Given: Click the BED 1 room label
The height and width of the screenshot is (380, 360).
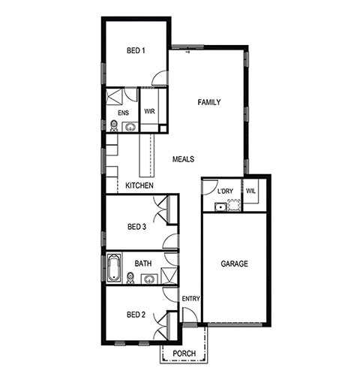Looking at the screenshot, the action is (x=136, y=50).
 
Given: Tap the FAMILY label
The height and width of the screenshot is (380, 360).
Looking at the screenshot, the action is (x=209, y=102).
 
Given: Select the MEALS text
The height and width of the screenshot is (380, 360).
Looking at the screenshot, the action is (x=183, y=159).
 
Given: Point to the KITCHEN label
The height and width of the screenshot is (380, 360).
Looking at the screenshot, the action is (x=139, y=185).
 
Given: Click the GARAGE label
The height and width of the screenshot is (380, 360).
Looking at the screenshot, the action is (x=235, y=264).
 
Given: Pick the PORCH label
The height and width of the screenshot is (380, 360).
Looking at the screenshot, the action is (x=184, y=354).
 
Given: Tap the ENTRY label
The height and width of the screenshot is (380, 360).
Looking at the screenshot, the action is (x=190, y=299).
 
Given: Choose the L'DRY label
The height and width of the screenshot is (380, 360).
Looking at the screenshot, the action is (x=225, y=192).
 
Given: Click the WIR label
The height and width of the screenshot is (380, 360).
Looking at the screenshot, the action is (x=149, y=111).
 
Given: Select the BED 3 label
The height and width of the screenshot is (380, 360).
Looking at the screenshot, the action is (x=136, y=227).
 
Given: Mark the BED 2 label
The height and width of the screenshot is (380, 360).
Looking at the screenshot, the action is (x=136, y=315).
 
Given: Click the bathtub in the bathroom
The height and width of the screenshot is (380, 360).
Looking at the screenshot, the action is (x=114, y=268).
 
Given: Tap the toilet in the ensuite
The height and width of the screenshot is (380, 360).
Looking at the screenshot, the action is (x=114, y=126).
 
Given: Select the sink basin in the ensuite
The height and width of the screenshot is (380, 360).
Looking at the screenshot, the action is (x=130, y=128).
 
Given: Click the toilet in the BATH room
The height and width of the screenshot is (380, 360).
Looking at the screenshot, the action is (x=130, y=278).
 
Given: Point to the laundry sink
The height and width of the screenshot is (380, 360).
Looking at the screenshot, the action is (x=220, y=207).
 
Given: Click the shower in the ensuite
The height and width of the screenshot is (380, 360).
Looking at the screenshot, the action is (x=114, y=96).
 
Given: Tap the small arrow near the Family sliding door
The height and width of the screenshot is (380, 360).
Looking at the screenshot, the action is (x=187, y=53).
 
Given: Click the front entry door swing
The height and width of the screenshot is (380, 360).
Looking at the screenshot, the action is (x=190, y=315).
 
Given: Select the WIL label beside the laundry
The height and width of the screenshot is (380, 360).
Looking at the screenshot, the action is (x=250, y=191).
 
